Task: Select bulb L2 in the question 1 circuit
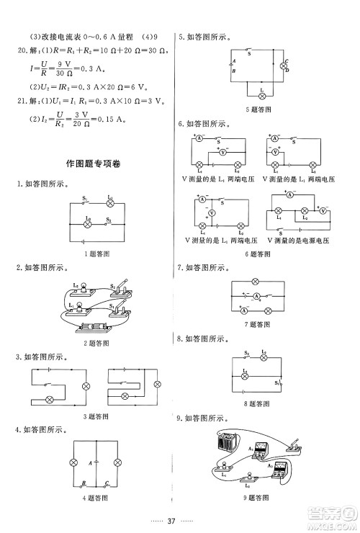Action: (88, 225)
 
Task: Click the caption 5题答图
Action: (258, 109)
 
